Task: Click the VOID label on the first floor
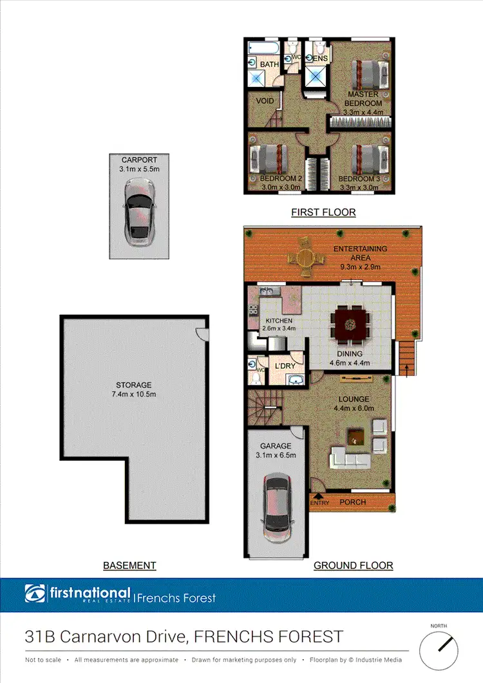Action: click(x=265, y=101)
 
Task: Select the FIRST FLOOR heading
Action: click(x=323, y=212)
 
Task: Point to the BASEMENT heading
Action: click(x=129, y=566)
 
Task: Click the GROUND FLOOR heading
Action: click(x=353, y=566)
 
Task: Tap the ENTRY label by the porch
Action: click(x=320, y=502)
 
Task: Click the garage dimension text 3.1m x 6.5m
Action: click(x=276, y=455)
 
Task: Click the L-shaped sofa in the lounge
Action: click(x=350, y=458)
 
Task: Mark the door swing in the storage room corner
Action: click(x=202, y=334)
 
